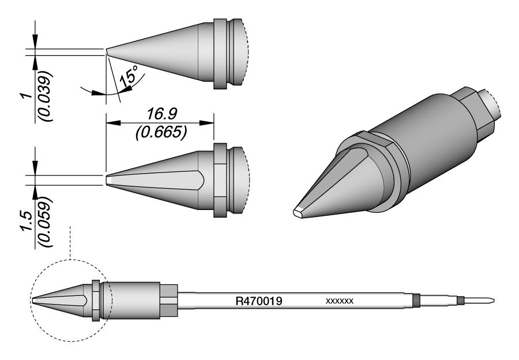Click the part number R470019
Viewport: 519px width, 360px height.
[259, 301]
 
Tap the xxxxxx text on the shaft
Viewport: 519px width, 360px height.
[340, 301]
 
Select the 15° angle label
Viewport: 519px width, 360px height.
[129, 77]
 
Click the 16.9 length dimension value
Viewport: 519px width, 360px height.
[162, 114]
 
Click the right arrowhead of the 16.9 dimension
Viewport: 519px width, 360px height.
[207, 123]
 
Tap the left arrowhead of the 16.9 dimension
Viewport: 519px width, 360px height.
[112, 123]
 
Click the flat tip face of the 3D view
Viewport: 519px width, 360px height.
[299, 212]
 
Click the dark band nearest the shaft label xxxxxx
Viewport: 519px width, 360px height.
[416, 301]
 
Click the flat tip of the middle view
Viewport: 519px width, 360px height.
[107, 180]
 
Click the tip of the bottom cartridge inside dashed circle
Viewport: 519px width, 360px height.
[33, 301]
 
